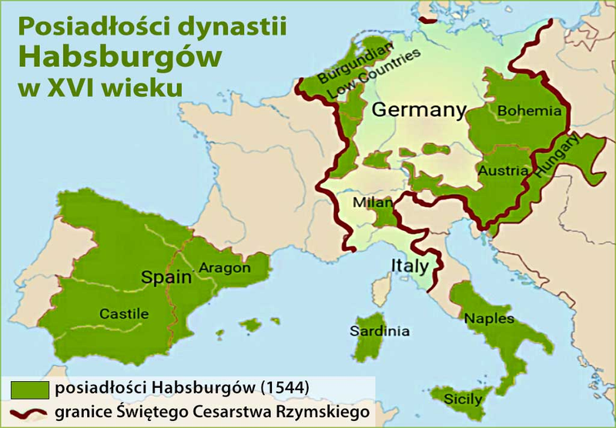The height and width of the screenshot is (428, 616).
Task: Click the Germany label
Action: [419, 110]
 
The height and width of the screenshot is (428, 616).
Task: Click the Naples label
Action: [484, 317]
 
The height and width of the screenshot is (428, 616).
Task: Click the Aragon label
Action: [225, 268]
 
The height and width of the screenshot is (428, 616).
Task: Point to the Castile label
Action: [124, 313]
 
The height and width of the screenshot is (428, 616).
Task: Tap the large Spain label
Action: [165, 276]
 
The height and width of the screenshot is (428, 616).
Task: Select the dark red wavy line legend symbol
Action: [28, 412]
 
